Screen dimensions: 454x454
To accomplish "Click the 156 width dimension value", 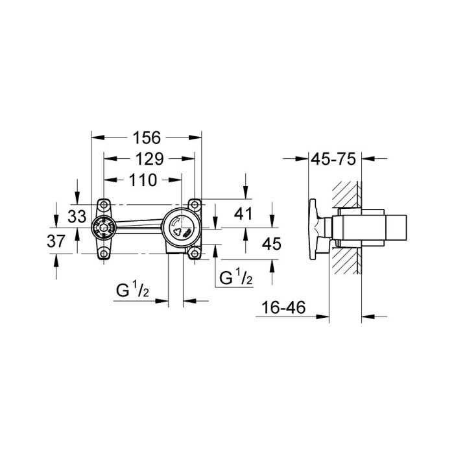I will (x=147, y=137).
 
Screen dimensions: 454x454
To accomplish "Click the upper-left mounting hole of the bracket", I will (x=104, y=205).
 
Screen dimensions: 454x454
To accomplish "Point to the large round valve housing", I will (x=178, y=228).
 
